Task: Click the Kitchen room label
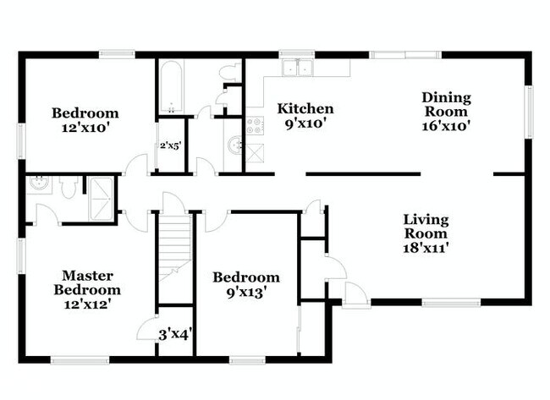pos(305,109)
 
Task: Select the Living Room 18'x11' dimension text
pos(426,248)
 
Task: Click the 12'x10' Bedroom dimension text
pos(85,129)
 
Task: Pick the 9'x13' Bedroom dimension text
pos(245,293)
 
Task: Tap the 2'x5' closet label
pos(171,145)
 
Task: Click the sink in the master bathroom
pos(38,184)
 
